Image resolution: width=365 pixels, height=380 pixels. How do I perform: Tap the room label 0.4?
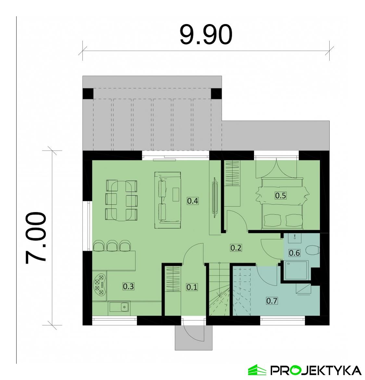[x=193, y=201]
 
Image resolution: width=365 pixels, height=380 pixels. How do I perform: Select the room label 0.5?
[x=281, y=196]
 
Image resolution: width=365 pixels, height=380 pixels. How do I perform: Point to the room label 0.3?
[x=128, y=286]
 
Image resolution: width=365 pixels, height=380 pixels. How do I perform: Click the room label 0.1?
[x=192, y=287]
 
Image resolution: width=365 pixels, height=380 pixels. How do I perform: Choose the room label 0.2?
[x=236, y=248]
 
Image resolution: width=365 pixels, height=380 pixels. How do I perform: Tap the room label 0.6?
[x=294, y=253]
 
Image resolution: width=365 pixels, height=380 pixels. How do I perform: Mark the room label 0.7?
[x=272, y=301]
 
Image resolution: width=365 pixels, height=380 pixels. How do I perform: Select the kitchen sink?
[x=120, y=306]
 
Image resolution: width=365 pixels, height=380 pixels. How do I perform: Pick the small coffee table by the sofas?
[x=176, y=194]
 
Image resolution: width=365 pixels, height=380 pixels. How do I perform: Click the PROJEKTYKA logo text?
[x=316, y=370]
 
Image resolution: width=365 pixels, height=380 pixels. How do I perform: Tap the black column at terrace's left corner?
[x=88, y=94]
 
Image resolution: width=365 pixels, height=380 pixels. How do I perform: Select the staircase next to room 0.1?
[x=219, y=290]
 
